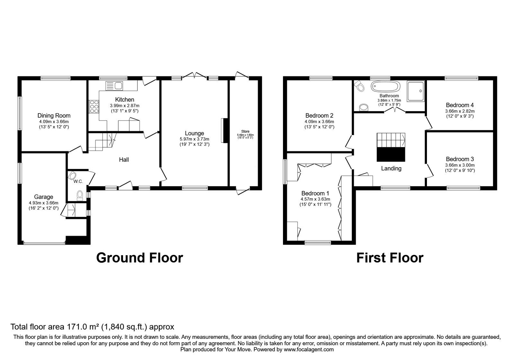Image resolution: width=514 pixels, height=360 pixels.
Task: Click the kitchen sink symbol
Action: (x=114, y=85)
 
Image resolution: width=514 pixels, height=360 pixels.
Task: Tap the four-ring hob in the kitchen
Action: (x=94, y=106)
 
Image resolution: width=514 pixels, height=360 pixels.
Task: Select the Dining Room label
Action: (x=54, y=116)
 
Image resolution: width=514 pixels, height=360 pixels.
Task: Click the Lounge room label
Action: (x=194, y=133)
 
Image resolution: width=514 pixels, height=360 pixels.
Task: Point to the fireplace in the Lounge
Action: (x=223, y=130)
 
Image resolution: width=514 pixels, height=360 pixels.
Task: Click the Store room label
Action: (x=245, y=131)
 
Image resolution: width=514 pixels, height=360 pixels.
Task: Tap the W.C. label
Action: (x=78, y=182)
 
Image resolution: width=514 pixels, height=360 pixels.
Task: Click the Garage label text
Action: (x=44, y=197)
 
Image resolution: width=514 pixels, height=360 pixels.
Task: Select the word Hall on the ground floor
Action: (x=124, y=159)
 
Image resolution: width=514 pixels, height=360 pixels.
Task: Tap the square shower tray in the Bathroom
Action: (x=416, y=91)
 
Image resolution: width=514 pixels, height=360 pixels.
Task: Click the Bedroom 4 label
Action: (x=460, y=105)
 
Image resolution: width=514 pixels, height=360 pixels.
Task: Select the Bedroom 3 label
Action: (x=460, y=159)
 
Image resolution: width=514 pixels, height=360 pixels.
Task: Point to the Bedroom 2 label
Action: (x=319, y=116)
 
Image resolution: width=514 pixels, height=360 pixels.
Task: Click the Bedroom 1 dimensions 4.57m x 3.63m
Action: (x=315, y=199)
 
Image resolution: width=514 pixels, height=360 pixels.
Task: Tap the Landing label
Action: (x=391, y=168)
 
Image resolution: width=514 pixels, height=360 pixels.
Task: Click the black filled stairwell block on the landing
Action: (x=391, y=154)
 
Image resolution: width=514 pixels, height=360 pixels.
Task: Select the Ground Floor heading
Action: (x=139, y=258)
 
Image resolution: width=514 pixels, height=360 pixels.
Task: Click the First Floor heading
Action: (x=390, y=258)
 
